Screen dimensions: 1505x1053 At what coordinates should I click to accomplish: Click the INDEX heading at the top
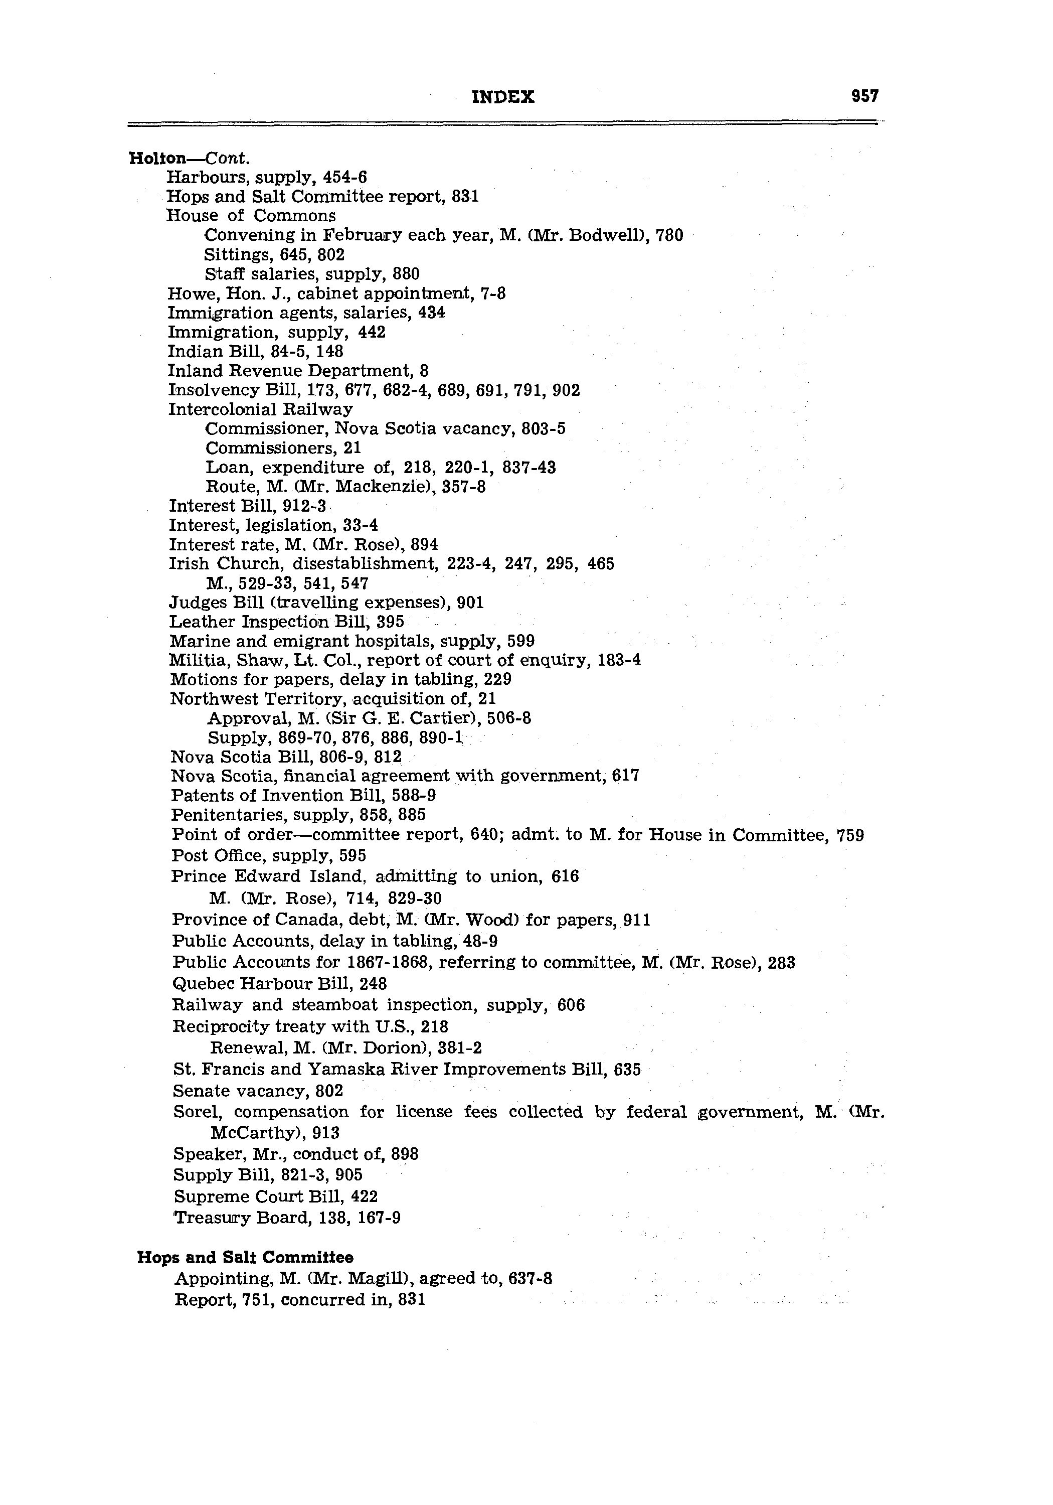502,98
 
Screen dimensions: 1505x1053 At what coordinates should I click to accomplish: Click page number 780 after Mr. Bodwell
669,235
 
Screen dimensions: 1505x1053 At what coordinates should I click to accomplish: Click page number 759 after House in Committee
850,836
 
